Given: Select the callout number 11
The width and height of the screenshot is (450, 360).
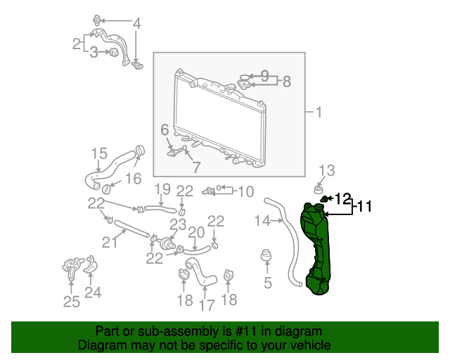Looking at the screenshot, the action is coord(364,207).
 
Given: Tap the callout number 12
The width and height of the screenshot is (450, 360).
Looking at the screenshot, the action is coord(343,198).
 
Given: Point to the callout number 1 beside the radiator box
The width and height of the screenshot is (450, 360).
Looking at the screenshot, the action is coord(319,112).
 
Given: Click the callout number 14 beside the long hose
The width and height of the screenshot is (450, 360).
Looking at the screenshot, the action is coord(262,221).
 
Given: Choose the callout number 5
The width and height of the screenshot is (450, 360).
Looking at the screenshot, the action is coord(267,283).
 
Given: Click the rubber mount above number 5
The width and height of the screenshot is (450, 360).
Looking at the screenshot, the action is coord(266,255).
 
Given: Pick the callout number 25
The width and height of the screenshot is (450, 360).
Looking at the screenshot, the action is coord(72,302).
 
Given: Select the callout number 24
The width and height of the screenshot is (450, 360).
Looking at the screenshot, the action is coord(93,292).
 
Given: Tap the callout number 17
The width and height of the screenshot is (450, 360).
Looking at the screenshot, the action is coord(207,305).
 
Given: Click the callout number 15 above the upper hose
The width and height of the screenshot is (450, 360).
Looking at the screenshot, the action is coord(99,153).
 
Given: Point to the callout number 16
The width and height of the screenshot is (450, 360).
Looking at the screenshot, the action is coord(134,179).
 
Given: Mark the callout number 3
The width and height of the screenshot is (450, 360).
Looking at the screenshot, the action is coord(94,52).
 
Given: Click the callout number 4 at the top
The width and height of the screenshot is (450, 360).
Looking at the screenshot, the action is coord(137,23).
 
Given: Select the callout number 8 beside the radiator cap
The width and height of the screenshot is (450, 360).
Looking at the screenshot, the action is coord(287,82).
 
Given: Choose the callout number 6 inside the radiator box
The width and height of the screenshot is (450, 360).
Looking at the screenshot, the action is coord(165,130).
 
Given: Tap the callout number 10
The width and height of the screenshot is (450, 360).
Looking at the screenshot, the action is coord(246,191).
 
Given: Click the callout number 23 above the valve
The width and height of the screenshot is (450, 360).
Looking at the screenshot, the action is coord(178,224).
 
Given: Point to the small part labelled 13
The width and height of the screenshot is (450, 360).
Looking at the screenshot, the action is coord(318,190).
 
